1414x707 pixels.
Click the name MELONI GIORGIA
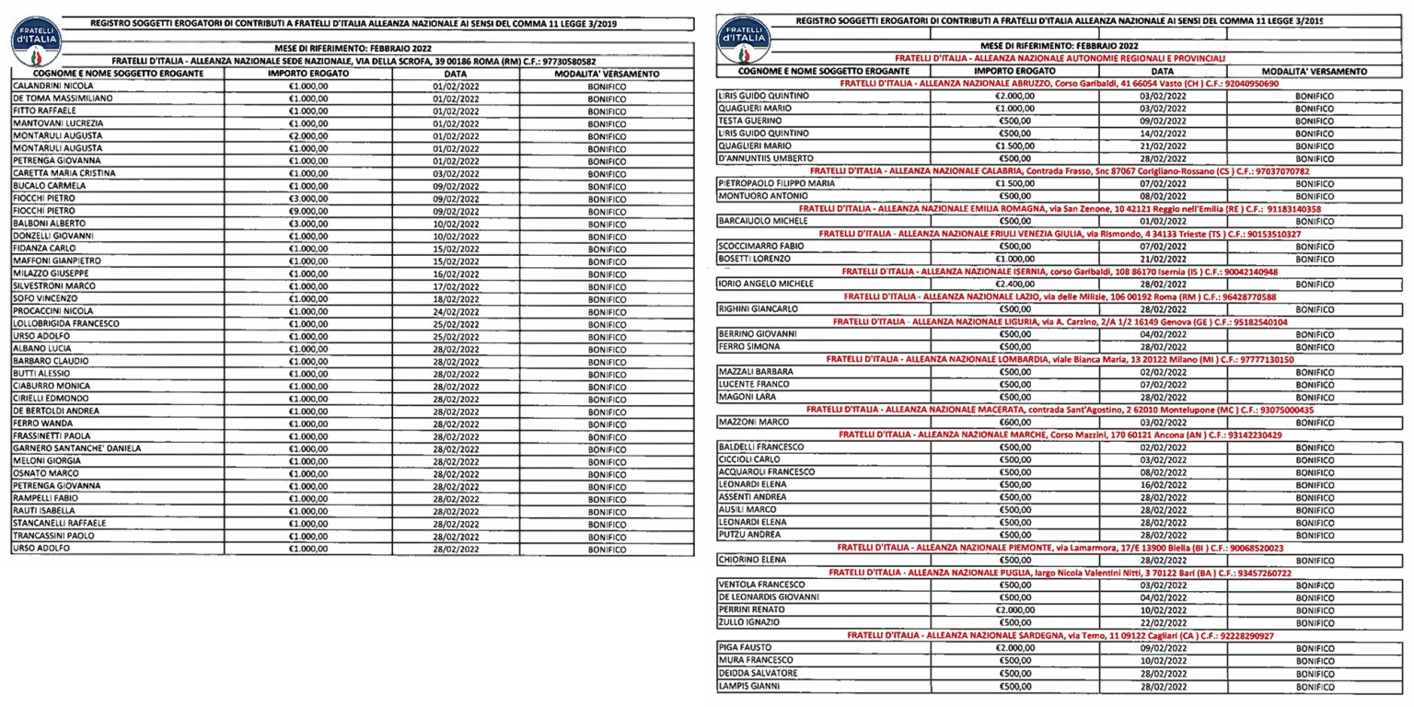pos(47,461)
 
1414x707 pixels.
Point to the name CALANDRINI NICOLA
pos(52,86)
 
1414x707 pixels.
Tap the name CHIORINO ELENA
pos(752,560)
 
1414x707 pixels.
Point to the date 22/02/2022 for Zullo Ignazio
pos(1163,622)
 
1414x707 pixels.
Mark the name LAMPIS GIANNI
pos(748,686)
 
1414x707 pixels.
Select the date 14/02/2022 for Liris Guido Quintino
pos(1163,133)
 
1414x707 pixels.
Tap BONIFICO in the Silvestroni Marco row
pos(607,286)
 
